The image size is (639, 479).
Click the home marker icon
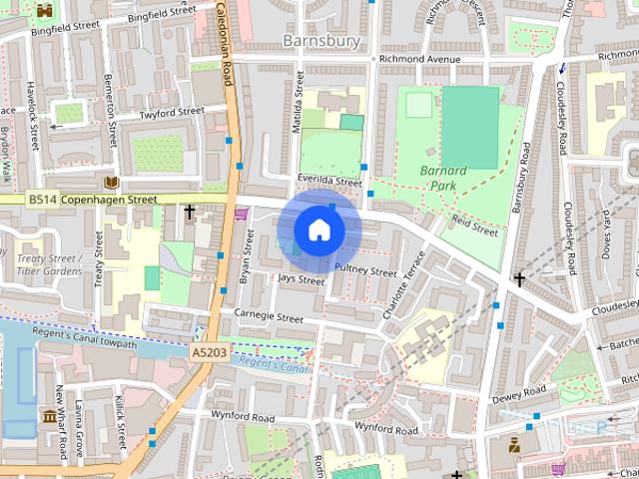coord(319,231)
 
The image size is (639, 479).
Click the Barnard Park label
coord(443,178)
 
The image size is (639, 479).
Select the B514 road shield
coord(42,200)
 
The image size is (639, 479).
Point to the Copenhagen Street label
coord(110,200)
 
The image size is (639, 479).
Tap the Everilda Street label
coord(329,182)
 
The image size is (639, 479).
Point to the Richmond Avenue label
coord(416,59)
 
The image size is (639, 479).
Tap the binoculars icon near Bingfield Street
coord(44,10)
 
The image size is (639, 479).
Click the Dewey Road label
coord(519,392)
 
